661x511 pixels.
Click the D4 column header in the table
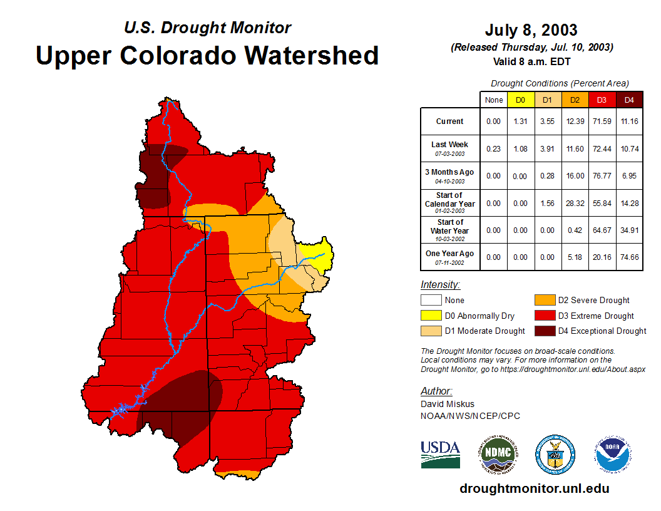tap(630, 100)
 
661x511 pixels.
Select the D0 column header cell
tap(521, 100)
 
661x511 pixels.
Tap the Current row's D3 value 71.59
tap(602, 121)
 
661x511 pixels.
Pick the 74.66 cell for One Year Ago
tap(630, 257)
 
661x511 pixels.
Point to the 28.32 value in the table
tap(575, 204)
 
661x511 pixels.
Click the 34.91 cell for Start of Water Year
tap(630, 230)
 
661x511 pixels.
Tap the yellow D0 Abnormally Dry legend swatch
tap(430, 316)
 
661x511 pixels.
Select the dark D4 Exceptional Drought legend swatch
tap(544, 331)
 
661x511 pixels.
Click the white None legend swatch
tap(430, 301)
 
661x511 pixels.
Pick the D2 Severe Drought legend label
tap(593, 301)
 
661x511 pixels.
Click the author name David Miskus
tap(447, 404)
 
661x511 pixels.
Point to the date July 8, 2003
tap(531, 30)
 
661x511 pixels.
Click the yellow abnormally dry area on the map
tap(318, 253)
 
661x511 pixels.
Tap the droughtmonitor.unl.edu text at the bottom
tap(534, 488)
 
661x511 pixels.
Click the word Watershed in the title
tap(311, 55)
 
